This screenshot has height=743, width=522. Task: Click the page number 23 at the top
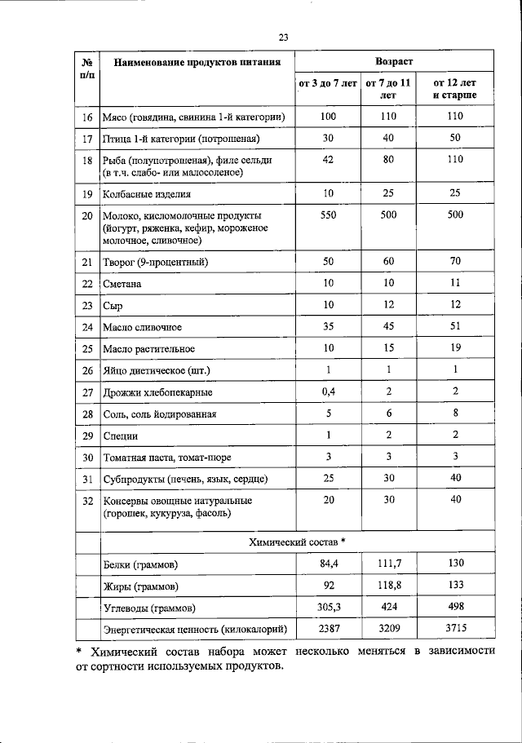tap(284, 37)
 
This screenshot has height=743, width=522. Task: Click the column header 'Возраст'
tap(394, 62)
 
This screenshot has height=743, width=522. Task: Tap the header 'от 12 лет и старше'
tap(455, 89)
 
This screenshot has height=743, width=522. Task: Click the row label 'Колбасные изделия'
tap(147, 194)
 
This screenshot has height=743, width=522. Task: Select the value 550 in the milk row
tap(328, 215)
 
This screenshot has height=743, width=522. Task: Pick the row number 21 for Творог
tap(87, 262)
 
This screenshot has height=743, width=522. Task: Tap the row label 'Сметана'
tap(122, 284)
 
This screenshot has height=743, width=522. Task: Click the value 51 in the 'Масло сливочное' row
tap(455, 327)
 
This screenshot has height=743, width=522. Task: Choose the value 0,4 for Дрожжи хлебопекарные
tap(328, 392)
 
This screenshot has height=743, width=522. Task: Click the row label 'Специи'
tap(121, 436)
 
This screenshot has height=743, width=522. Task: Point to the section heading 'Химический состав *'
tap(296, 542)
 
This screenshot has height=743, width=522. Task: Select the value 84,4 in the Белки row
tap(328, 564)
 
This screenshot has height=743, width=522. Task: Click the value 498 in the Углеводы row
tap(455, 607)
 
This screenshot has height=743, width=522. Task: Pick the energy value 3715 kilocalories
tap(455, 629)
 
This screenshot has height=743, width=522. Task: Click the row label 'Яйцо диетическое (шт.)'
tap(157, 371)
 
